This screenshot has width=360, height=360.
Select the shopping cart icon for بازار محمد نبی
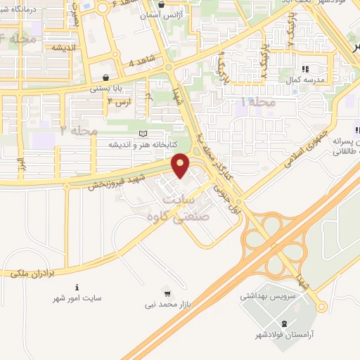pos(167,292)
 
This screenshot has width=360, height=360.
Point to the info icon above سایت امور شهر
pos(77,287)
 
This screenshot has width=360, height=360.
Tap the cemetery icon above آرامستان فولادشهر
pos(283,323)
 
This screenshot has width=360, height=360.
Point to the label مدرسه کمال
pos(304,79)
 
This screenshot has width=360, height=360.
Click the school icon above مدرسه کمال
pos(305,69)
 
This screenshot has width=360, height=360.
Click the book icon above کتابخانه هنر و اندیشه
pos(144,134)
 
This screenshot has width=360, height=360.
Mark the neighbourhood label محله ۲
pos(78,131)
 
